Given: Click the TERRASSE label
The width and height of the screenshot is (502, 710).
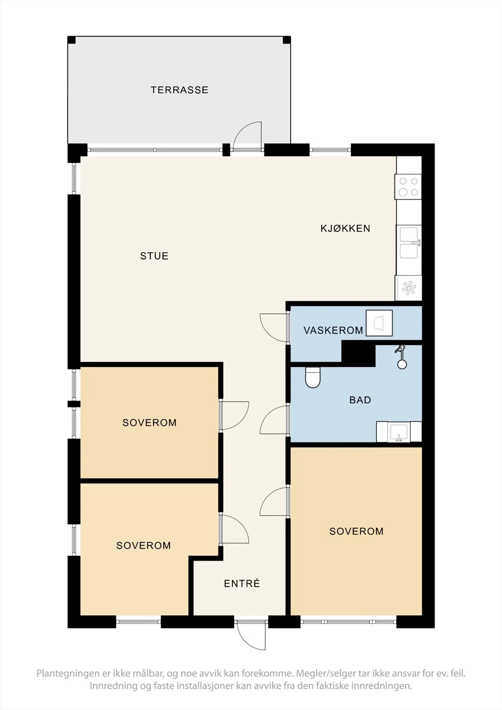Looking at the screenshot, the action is pos(179,90).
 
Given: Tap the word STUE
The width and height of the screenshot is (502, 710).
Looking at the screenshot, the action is pos(154,256).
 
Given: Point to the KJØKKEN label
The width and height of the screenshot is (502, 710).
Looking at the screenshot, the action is pos(345,228).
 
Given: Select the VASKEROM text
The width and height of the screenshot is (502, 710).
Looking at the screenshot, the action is pos(333,330).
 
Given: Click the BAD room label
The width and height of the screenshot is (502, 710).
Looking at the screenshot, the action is pos(360,400).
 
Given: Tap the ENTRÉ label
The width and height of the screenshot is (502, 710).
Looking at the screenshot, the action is pos(242,584).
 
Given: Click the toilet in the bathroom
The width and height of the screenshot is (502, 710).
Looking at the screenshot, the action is pos(312,377).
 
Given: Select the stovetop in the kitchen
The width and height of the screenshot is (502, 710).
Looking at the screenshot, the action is pos(408,187).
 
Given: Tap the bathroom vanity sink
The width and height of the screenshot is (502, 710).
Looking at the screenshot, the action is pos(399,432).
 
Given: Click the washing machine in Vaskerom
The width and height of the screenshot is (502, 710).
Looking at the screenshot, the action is pos(379,323).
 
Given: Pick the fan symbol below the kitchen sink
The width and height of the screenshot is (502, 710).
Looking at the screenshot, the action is pos(409,288).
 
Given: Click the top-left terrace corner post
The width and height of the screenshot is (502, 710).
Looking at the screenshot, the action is pos(71,40).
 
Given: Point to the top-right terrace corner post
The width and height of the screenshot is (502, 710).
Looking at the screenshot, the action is pos(286,40).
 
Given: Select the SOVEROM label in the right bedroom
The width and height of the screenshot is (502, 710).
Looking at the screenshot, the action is pos(356,531).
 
